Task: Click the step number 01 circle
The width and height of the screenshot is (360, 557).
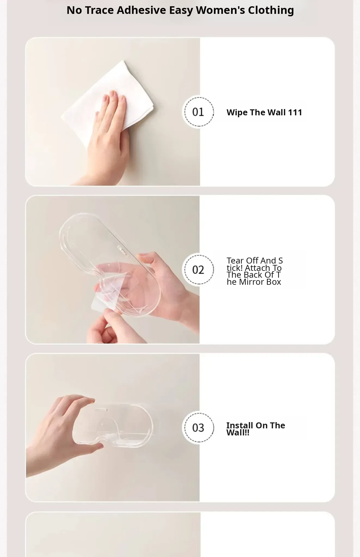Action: pos(198,112)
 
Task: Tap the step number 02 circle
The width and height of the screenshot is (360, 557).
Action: pos(198,270)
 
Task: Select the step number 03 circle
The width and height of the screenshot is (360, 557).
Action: pos(198,428)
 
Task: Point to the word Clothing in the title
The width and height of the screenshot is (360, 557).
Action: pos(271,10)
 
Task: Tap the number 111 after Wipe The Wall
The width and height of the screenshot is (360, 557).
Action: pos(295,112)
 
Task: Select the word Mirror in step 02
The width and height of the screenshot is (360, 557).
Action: pos(252,282)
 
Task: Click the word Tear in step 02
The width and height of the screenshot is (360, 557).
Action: pos(235,261)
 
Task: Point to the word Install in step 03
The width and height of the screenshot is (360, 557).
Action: pos(239,425)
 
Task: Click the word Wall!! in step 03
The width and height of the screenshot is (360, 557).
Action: pos(238,433)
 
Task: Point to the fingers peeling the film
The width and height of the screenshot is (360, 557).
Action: pos(114,326)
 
